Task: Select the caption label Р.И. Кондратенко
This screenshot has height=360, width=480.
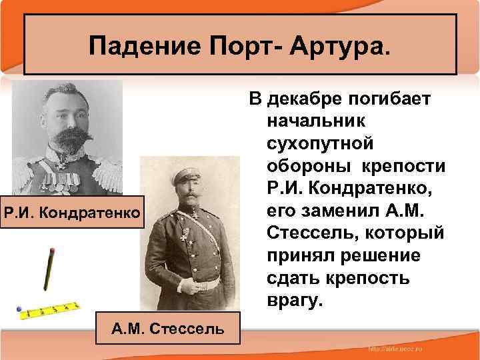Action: click(x=73, y=213)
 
